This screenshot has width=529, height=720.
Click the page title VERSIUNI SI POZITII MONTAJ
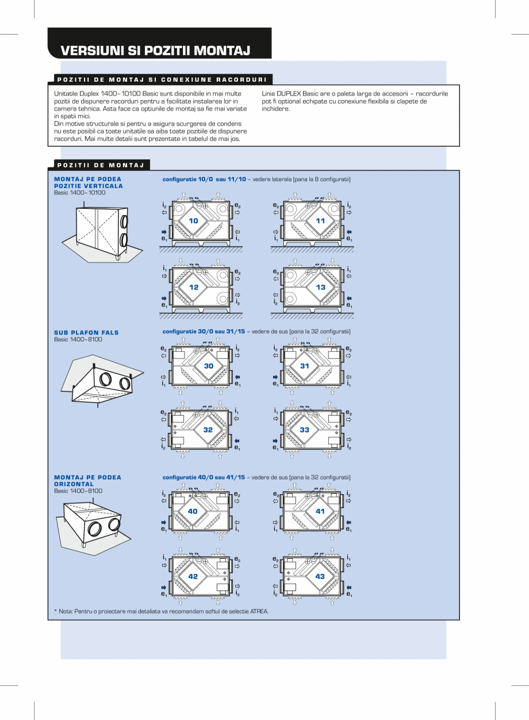pyautogui.click(x=155, y=51)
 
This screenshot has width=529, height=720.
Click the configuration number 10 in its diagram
pyautogui.click(x=193, y=221)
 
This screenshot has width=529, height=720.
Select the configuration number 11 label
pyautogui.click(x=320, y=221)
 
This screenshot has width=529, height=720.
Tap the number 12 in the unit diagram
pyautogui.click(x=193, y=287)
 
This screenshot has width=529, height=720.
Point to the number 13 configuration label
pyautogui.click(x=320, y=287)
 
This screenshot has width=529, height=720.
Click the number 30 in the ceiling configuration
pyautogui.click(x=208, y=366)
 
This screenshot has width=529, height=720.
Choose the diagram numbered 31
pyautogui.click(x=305, y=366)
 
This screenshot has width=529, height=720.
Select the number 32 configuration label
pyautogui.click(x=208, y=430)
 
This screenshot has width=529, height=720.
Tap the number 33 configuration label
pyautogui.click(x=305, y=430)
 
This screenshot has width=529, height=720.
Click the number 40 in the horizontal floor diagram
pyautogui.click(x=193, y=511)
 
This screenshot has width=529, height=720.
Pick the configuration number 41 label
pyautogui.click(x=320, y=511)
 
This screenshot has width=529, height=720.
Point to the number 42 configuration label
pyautogui.click(x=193, y=576)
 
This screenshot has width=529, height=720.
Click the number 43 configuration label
pyautogui.click(x=320, y=576)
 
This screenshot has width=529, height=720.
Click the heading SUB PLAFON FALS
pyautogui.click(x=86, y=333)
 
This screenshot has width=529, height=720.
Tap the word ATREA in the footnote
pyautogui.click(x=259, y=611)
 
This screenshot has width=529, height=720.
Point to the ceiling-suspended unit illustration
pyautogui.click(x=101, y=380)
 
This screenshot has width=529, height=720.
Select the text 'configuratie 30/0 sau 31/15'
pyautogui.click(x=204, y=332)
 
